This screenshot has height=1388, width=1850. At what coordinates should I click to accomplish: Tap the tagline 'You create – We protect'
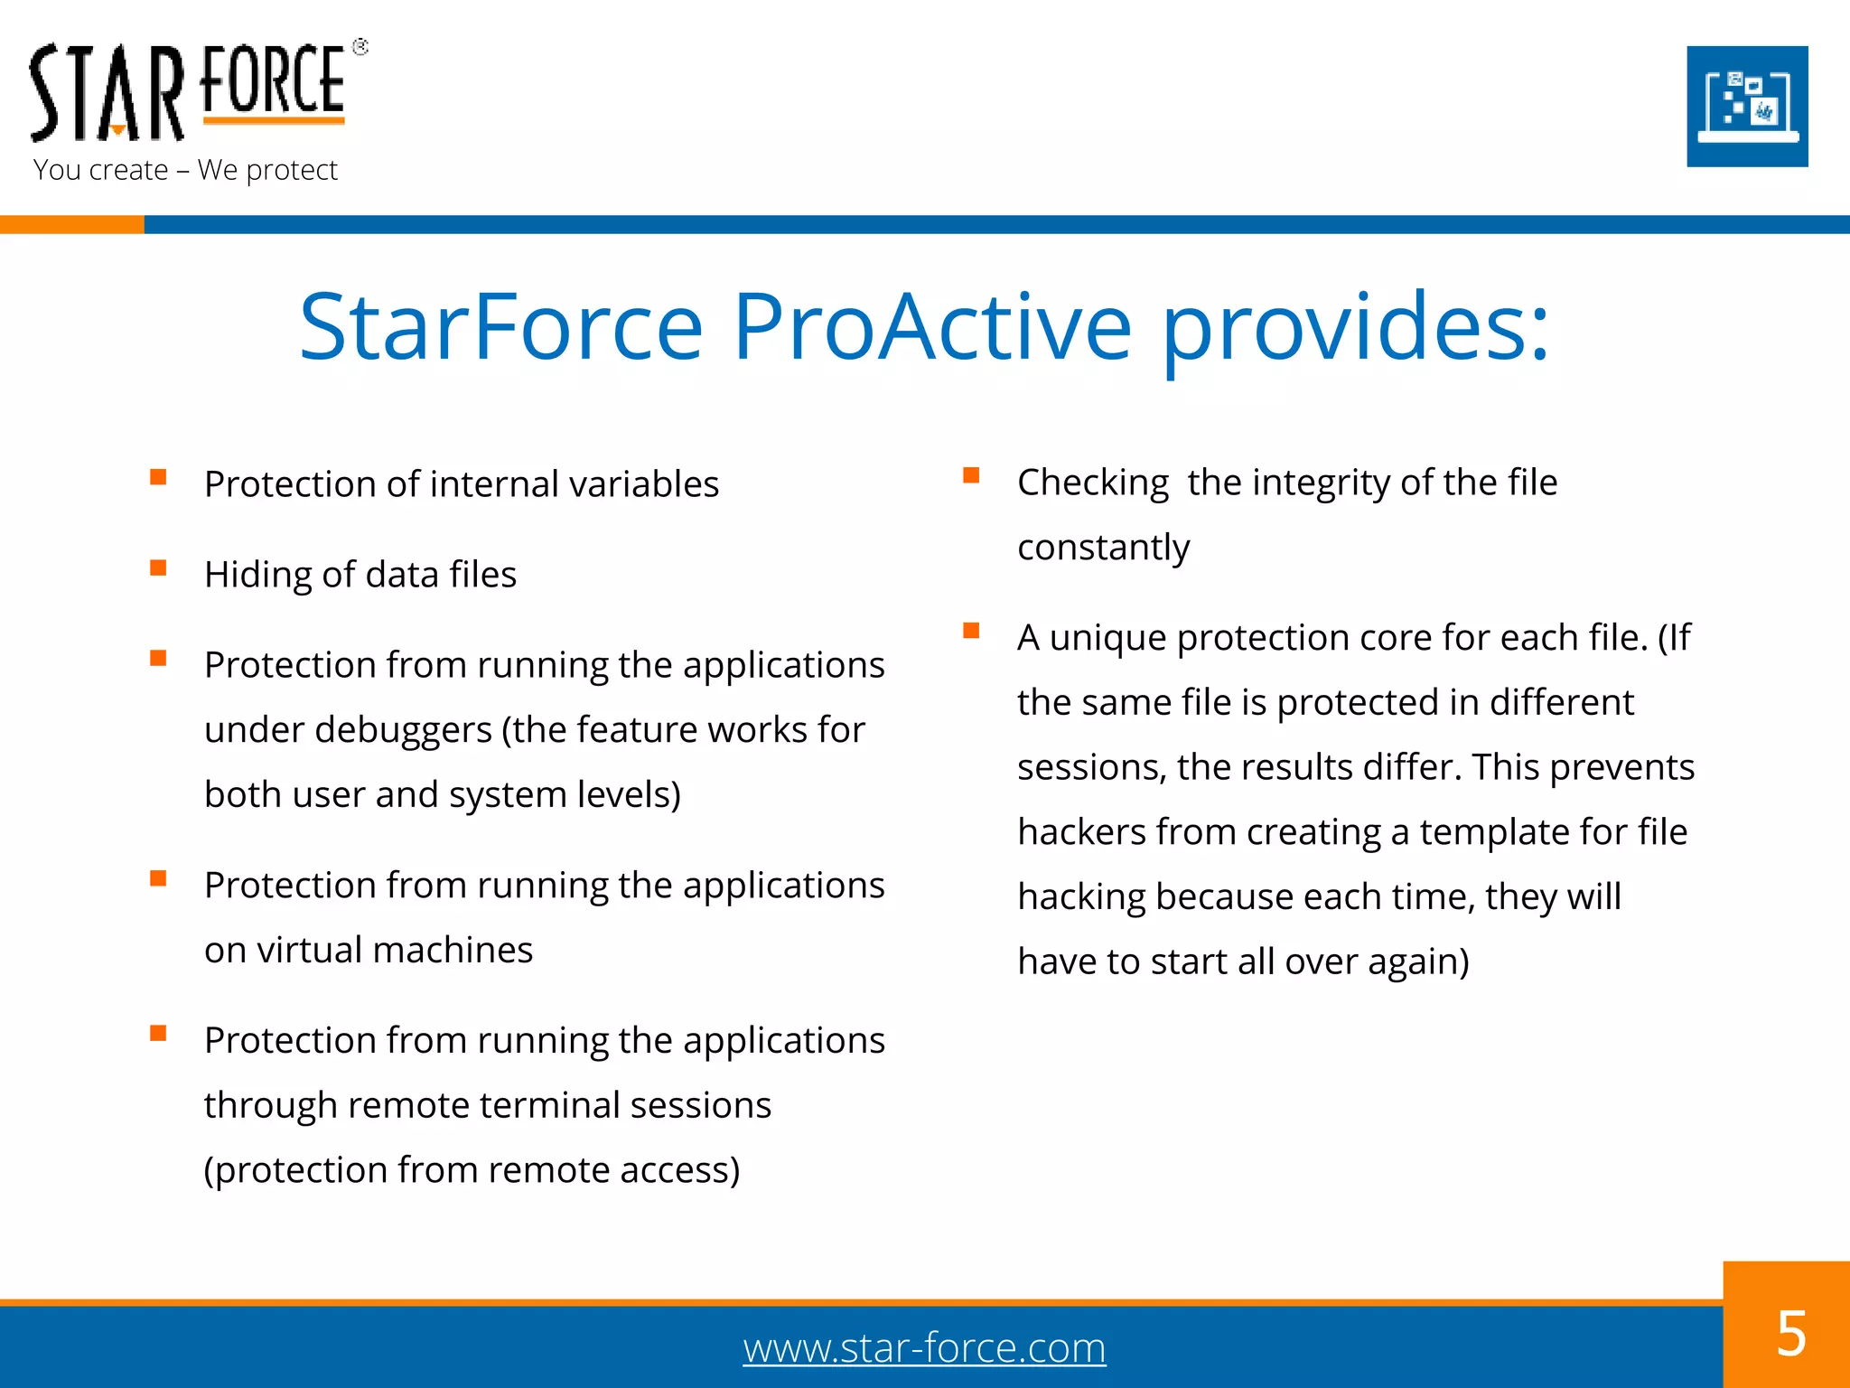pos(185,170)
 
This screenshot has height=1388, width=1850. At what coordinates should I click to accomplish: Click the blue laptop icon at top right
pos(1747,107)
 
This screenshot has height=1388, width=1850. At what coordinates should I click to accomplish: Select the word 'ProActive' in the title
pos(931,327)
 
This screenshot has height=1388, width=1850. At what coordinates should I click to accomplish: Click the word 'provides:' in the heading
pos(1355,327)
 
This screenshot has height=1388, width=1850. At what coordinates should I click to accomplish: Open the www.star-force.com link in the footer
pos(924,1348)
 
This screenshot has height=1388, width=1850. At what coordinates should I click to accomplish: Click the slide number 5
pos(1790,1334)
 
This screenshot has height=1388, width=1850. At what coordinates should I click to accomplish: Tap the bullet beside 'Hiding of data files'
pos(158,567)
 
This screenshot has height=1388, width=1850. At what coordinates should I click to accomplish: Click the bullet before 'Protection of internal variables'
pos(158,477)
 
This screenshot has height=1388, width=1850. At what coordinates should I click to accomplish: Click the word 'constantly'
pos(1103,548)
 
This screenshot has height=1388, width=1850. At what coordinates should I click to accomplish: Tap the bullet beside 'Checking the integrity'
pos(971,475)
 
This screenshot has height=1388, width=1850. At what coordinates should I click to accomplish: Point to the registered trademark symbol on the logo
pos(360,47)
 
